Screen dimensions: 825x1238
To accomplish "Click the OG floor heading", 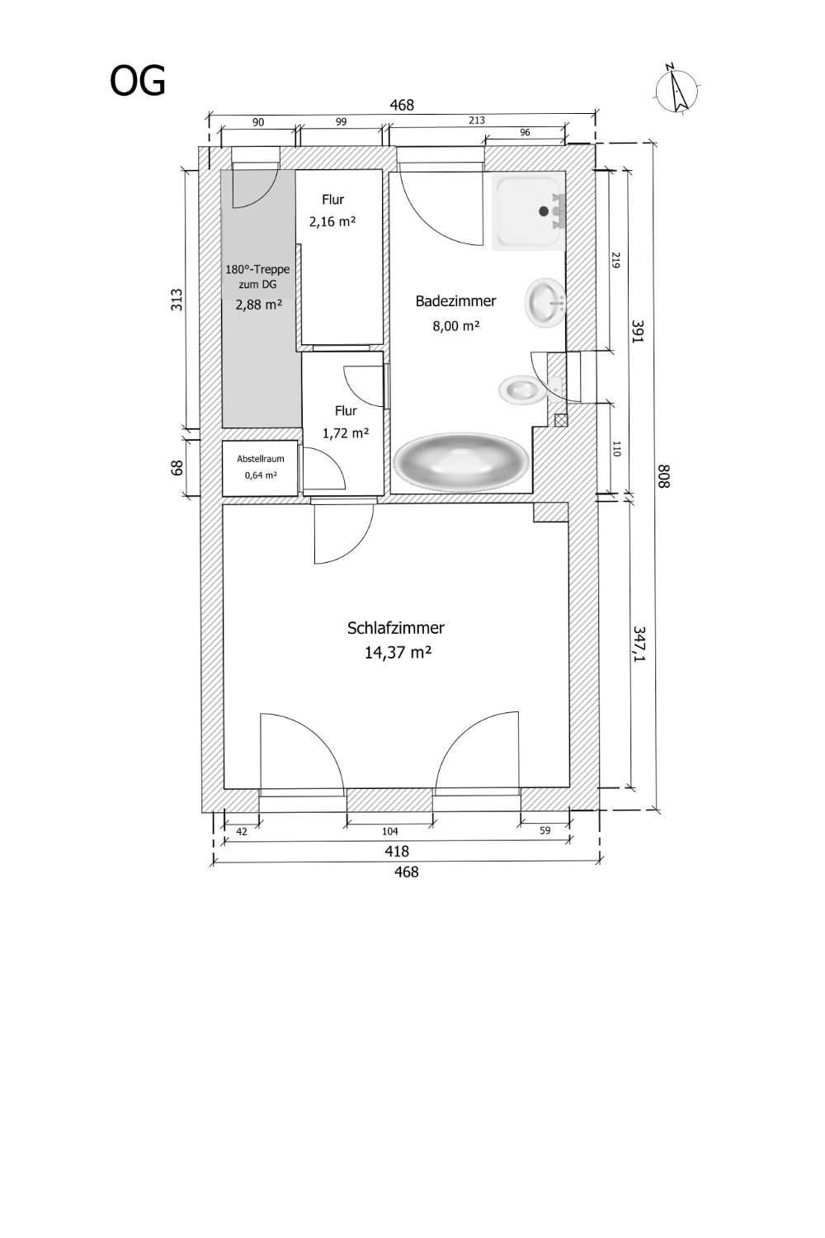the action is (x=138, y=82).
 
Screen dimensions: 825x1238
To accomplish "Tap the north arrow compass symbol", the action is (x=677, y=88).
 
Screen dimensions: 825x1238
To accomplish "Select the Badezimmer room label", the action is (x=455, y=301).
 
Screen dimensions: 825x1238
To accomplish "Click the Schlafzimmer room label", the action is (x=396, y=628).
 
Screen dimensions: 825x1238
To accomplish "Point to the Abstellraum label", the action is (x=260, y=459).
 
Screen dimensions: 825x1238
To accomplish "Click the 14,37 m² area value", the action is (x=398, y=653).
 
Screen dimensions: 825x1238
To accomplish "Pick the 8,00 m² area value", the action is (x=455, y=326).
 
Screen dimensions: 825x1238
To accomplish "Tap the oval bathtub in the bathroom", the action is (x=460, y=462).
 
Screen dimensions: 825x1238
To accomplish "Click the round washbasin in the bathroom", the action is (x=544, y=302).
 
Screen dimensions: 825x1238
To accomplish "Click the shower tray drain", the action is (x=544, y=210).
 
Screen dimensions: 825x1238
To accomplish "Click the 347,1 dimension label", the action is (x=639, y=645).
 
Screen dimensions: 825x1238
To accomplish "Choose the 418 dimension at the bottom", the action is (x=396, y=851).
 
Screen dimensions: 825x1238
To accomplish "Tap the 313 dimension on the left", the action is (x=177, y=300).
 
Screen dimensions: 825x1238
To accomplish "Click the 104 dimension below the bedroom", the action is (x=389, y=830).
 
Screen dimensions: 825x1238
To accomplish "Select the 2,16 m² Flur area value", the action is (x=332, y=222).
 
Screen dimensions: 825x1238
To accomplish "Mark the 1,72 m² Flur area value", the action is (x=346, y=433).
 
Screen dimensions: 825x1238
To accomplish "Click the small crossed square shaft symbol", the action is (x=560, y=420).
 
